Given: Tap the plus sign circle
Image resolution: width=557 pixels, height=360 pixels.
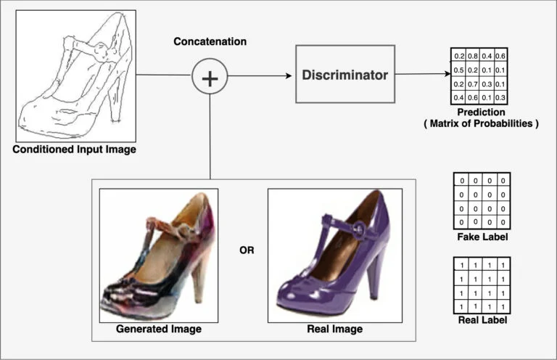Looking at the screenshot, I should [x=210, y=75].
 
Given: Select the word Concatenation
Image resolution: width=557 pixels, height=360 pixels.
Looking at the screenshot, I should [x=210, y=41].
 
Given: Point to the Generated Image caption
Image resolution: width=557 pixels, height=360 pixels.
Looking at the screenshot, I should [x=159, y=329].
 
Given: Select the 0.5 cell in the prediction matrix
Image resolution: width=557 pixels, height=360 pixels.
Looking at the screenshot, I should [x=459, y=70].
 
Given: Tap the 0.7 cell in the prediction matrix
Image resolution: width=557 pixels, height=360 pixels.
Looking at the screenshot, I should [x=473, y=84].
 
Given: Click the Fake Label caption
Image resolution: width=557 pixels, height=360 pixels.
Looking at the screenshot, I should [x=482, y=237].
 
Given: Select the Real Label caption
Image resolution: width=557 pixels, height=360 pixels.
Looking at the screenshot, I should [x=482, y=319].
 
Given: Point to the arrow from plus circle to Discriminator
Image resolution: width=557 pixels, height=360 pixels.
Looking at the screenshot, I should [x=261, y=75].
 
